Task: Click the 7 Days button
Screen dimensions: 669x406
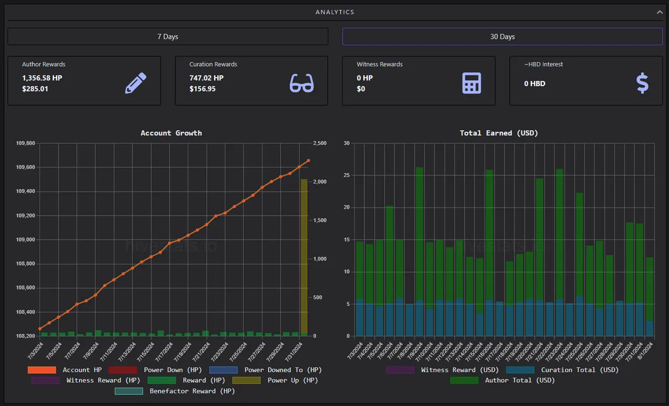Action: click(168, 37)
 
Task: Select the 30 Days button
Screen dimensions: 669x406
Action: click(502, 37)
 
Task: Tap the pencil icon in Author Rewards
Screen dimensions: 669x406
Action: click(135, 83)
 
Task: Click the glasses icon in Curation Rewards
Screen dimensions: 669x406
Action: click(302, 83)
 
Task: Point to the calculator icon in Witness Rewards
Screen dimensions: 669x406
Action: click(471, 83)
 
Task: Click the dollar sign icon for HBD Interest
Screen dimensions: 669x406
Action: click(642, 83)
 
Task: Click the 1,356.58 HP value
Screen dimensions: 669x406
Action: click(42, 78)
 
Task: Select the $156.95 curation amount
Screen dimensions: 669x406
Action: click(202, 89)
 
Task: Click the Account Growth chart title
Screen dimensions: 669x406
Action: click(171, 133)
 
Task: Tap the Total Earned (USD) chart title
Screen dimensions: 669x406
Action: click(499, 133)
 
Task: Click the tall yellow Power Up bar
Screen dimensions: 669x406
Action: click(304, 257)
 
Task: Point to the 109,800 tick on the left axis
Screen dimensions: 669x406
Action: click(26, 143)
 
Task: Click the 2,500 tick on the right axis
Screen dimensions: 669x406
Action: click(319, 143)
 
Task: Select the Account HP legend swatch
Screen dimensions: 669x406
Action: click(42, 370)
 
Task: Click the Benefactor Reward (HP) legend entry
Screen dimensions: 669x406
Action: click(175, 391)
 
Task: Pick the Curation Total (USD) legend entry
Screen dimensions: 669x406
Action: click(562, 370)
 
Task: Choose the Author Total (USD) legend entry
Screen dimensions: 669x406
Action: click(502, 380)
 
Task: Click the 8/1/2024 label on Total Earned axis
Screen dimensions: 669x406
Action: click(645, 351)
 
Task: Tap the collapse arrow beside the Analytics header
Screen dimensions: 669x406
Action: click(660, 12)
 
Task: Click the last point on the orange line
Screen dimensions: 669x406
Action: click(308, 160)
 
